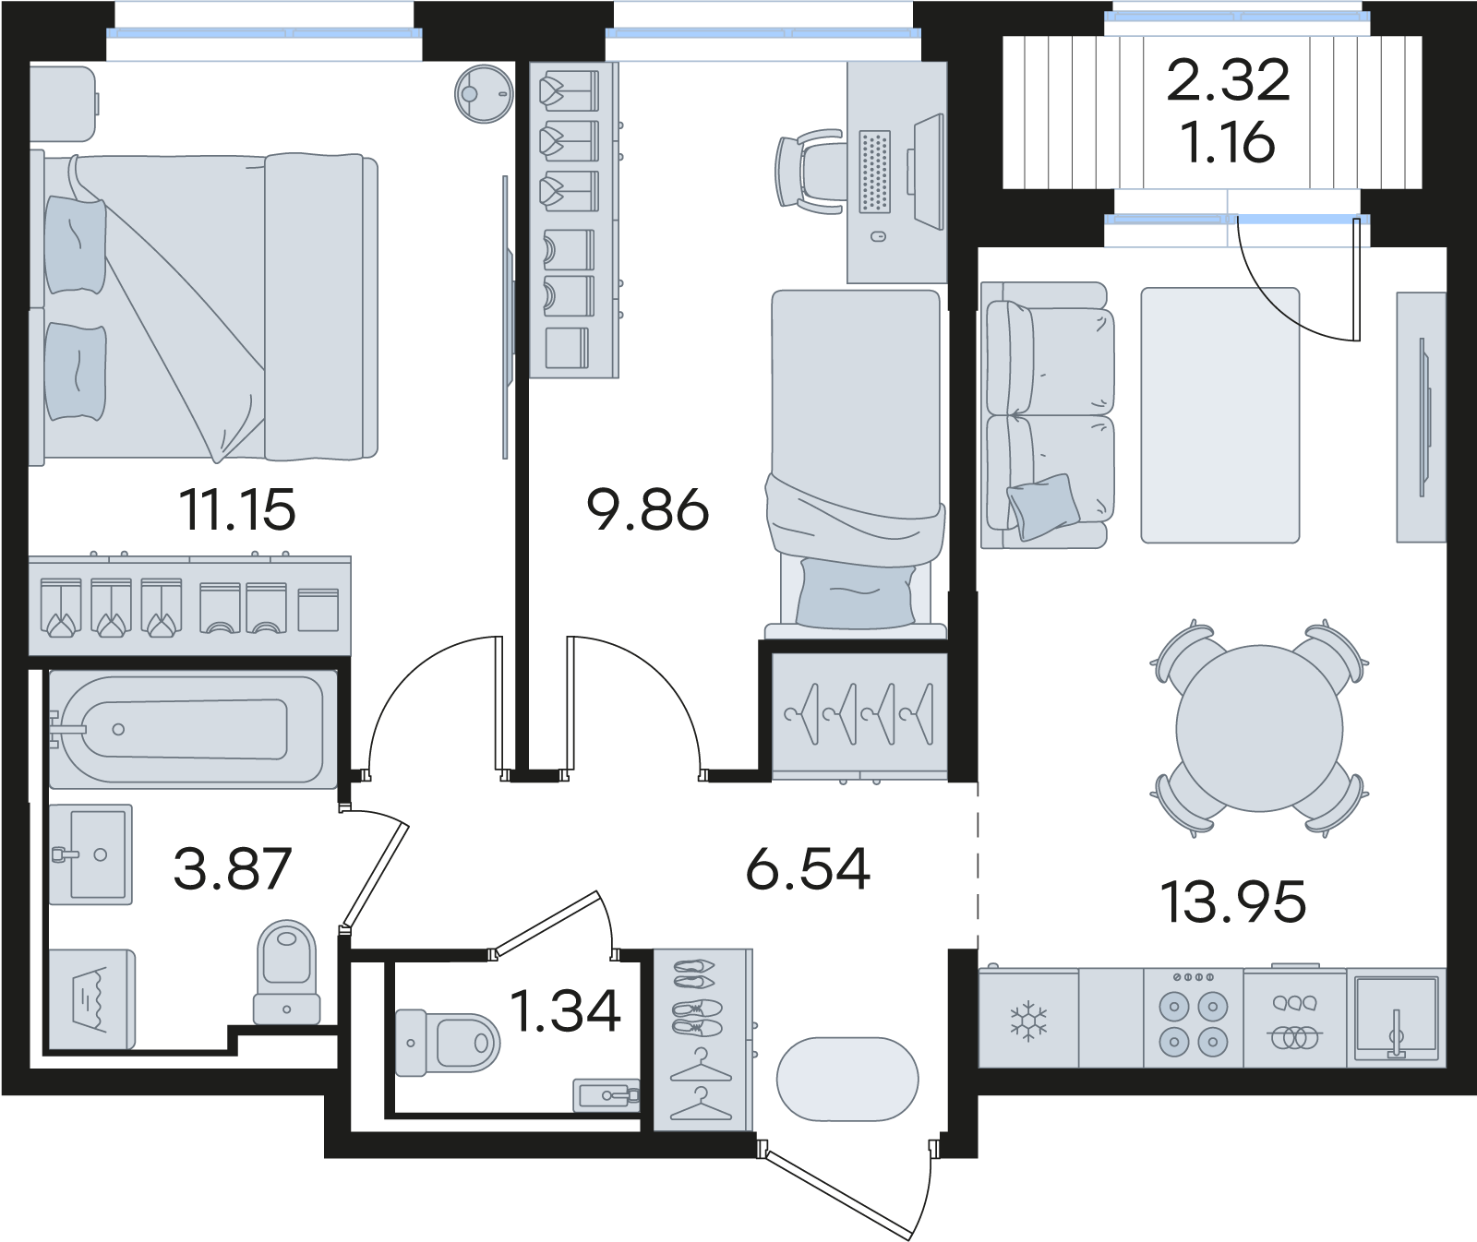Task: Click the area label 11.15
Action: [239, 510]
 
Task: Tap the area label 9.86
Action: [648, 510]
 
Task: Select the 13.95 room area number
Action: [1234, 902]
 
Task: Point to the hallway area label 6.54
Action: [809, 869]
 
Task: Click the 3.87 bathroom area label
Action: [233, 869]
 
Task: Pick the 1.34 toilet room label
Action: [565, 1011]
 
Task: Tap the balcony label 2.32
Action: [1229, 80]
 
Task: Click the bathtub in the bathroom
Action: [192, 730]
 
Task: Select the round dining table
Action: [1260, 728]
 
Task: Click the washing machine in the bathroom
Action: [90, 999]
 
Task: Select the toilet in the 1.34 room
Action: [447, 1043]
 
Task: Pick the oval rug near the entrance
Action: [848, 1080]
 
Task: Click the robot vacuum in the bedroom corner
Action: [483, 92]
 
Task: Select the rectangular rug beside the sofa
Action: [1220, 415]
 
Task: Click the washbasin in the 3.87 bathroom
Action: [90, 854]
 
